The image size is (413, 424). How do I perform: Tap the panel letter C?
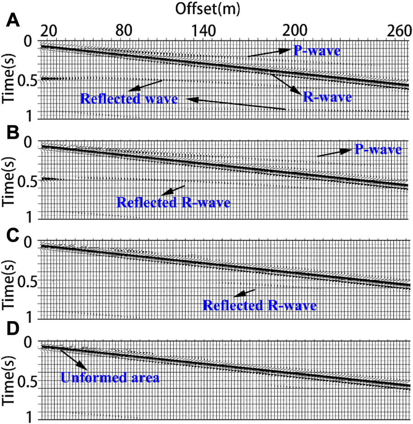point(10,235)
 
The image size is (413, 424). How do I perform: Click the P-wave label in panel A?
point(317,51)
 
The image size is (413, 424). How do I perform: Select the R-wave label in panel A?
point(327,97)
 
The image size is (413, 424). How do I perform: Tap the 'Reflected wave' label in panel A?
point(129,99)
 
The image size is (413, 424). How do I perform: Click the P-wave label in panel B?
point(378,150)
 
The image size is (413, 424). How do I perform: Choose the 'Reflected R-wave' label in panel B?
point(173,202)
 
